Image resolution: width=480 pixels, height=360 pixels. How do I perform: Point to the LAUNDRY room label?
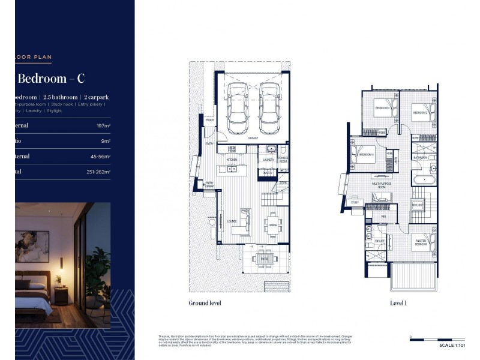(x=267, y=160)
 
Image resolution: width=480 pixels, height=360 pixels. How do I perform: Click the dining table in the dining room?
(x=273, y=223)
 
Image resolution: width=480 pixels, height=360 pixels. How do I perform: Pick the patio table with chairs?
(x=263, y=259)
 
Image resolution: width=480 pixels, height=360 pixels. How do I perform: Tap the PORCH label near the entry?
(x=209, y=119)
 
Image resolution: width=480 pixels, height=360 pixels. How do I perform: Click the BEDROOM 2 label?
(x=419, y=113)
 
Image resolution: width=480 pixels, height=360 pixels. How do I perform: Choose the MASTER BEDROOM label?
(x=421, y=243)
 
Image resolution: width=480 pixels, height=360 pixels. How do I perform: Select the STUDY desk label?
(x=355, y=202)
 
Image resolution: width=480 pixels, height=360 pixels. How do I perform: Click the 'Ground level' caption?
(x=205, y=303)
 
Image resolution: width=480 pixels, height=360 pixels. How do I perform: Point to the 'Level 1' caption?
(x=398, y=303)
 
